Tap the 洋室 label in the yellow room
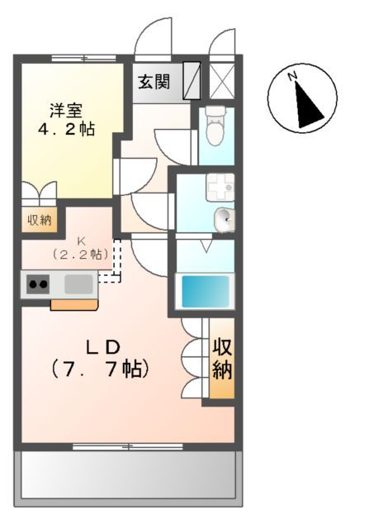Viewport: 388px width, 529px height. [65, 109]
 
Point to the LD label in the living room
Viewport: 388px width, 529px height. [103, 345]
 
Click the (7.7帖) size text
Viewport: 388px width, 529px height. [103, 368]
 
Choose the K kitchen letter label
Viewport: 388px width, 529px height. [81, 241]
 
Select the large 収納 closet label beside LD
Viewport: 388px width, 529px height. [222, 357]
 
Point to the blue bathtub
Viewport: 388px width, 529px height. [205, 292]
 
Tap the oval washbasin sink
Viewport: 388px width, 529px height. [223, 220]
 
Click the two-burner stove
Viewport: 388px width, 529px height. [37, 284]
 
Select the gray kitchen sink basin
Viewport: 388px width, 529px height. [78, 284]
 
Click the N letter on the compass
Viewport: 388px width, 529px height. [292, 77]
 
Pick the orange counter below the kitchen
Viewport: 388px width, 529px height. [74, 305]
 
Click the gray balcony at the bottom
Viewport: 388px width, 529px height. [128, 479]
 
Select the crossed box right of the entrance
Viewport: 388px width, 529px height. [221, 81]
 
